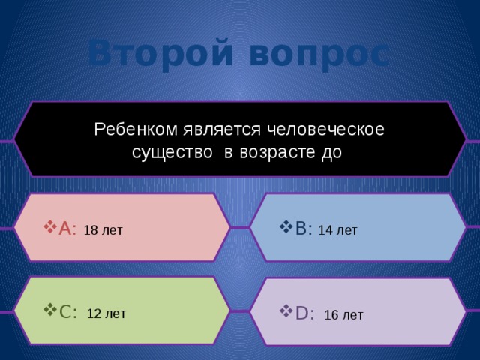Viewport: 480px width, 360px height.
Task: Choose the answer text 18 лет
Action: tap(103, 230)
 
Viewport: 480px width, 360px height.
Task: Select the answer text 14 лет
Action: tap(337, 230)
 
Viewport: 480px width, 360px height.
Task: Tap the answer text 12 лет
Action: tap(106, 313)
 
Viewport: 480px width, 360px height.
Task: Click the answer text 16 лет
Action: tap(343, 315)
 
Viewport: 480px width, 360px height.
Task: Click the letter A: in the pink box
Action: tap(67, 229)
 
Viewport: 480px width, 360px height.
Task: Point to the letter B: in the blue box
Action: tap(304, 229)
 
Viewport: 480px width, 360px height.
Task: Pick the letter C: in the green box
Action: tap(68, 311)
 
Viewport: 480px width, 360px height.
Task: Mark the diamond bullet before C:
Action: tap(49, 310)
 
